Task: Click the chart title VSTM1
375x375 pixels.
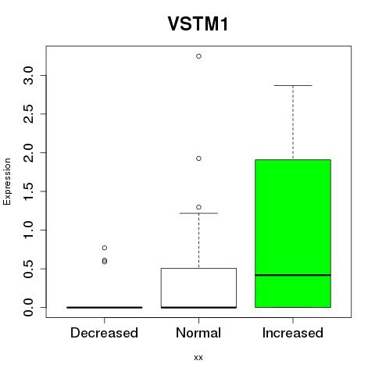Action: (x=198, y=23)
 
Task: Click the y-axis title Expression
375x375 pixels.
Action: (x=7, y=181)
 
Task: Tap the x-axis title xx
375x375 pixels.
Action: (x=198, y=357)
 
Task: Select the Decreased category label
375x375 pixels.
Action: (x=104, y=333)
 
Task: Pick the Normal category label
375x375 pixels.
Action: (x=198, y=333)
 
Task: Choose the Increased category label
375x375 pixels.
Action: (x=293, y=333)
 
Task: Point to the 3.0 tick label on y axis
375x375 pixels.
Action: (x=28, y=76)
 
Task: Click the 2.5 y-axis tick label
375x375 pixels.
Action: (x=28, y=114)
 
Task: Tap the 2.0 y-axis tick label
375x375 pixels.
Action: (x=28, y=152)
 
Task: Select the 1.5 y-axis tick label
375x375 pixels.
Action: (x=28, y=191)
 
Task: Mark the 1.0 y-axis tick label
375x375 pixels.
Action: (x=28, y=230)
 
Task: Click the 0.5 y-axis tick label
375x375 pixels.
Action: (x=28, y=269)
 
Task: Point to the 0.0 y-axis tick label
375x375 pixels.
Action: (x=28, y=307)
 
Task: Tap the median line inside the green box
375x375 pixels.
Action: (x=293, y=275)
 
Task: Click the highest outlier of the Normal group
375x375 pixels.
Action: (x=198, y=56)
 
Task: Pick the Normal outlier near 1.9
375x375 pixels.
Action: (x=198, y=159)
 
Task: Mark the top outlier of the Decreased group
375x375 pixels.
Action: (x=105, y=248)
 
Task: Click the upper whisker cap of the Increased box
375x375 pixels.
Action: (x=293, y=85)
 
